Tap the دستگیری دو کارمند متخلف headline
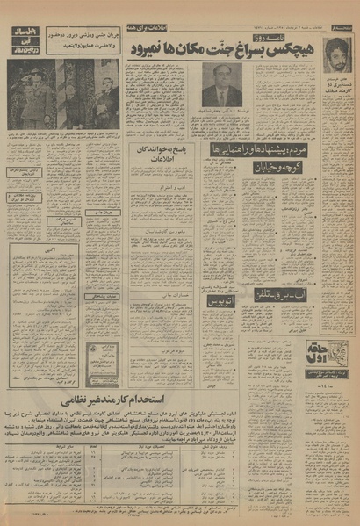tap(339, 108)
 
